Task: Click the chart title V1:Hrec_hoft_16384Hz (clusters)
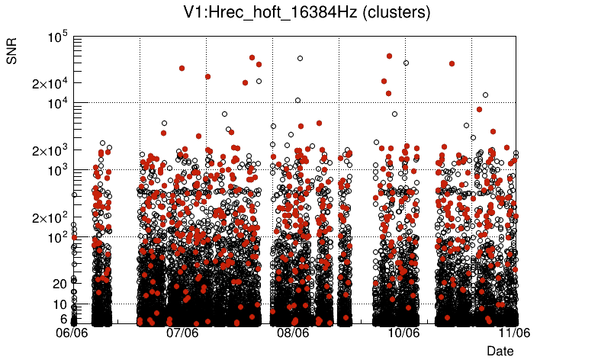point(307,13)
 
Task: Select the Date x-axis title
point(500,351)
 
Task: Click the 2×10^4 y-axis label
point(50,82)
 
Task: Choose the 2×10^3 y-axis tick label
point(50,150)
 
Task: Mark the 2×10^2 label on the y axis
point(50,217)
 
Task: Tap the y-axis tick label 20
point(60,284)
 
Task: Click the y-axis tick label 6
point(64,319)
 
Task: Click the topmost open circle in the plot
point(300,58)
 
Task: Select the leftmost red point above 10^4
point(182,68)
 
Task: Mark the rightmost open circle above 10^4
point(485,95)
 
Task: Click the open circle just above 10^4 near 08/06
point(297,100)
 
